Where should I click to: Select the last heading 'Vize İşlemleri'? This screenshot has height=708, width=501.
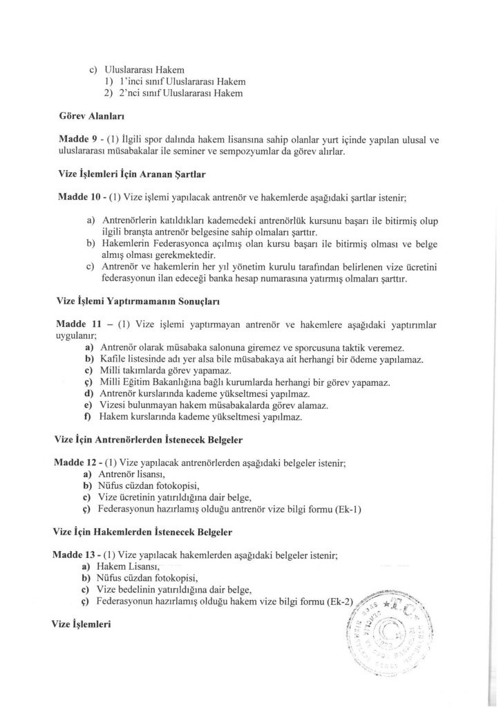tap(82, 624)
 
